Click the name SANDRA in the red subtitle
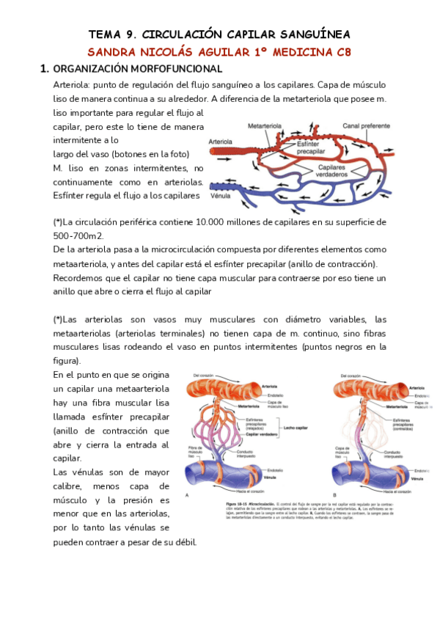[x=111, y=52]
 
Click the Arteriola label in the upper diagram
[x=221, y=140]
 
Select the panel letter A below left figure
[x=188, y=495]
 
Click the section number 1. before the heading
[x=45, y=69]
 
